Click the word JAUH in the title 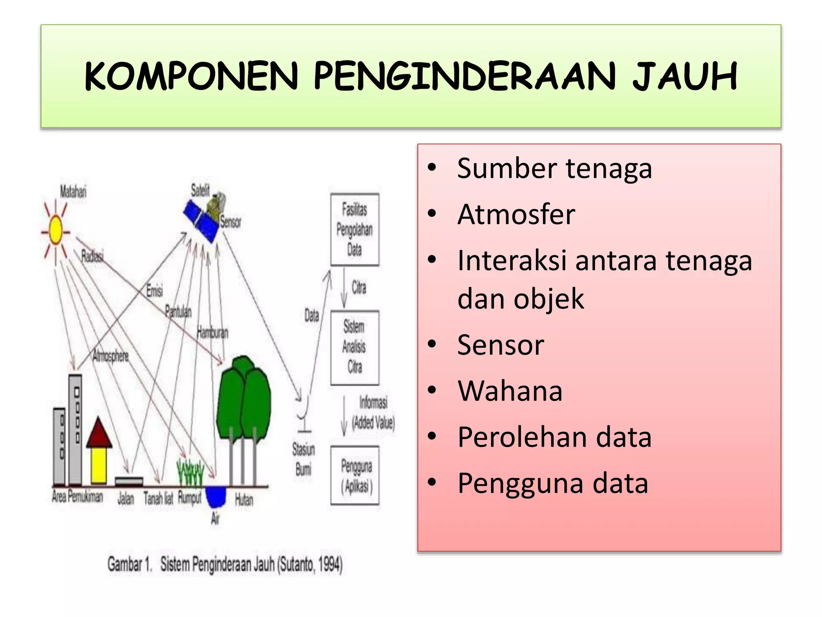point(685,76)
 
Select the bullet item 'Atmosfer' point(516,215)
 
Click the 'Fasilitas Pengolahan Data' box point(354,230)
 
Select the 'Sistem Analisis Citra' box point(354,347)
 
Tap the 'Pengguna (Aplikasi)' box point(355,475)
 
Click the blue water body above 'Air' point(216,496)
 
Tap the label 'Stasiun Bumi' point(303,459)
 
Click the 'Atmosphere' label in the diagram point(110,356)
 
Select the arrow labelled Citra point(344,288)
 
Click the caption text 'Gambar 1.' point(130,564)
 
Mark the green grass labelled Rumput point(190,474)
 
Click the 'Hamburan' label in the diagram point(212,333)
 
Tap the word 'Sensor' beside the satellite point(230,222)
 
